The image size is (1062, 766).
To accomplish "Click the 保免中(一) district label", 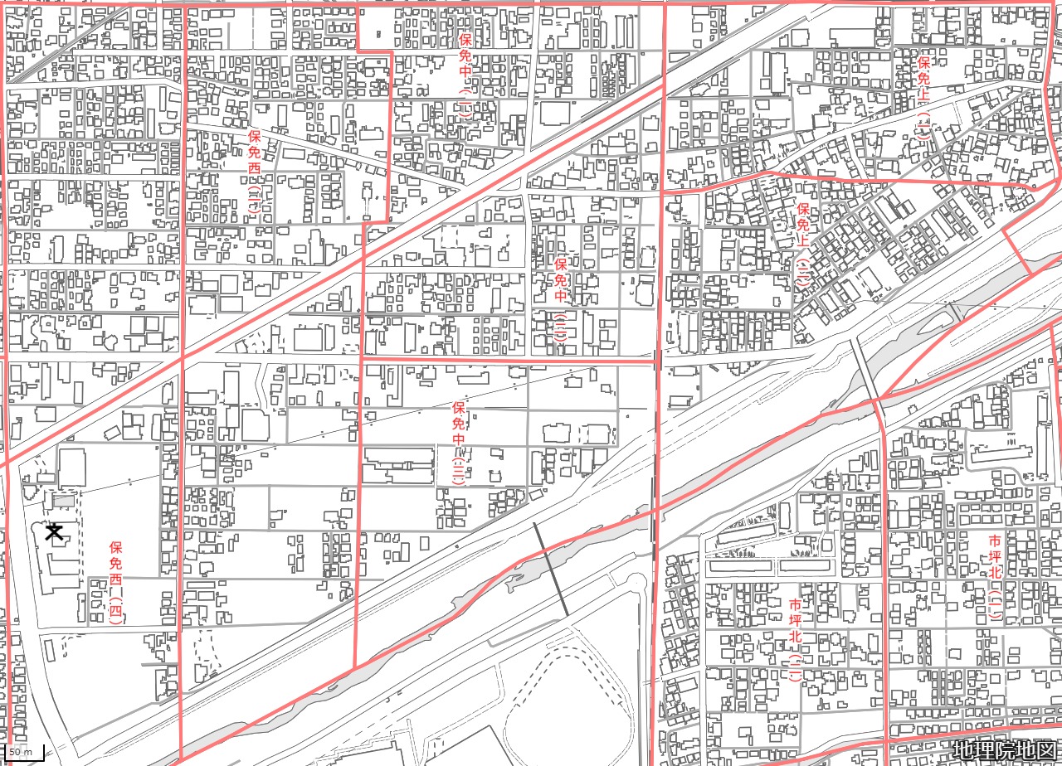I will tap(465, 77).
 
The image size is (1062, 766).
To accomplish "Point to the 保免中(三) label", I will tap(458, 444).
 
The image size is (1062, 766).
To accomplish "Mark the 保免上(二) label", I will tap(802, 246).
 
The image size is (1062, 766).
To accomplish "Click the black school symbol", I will tap(55, 531).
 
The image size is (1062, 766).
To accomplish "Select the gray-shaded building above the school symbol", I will tap(63, 502).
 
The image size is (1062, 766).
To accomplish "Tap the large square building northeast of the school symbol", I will tap(71, 468).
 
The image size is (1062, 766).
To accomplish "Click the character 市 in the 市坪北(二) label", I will tap(795, 604).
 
